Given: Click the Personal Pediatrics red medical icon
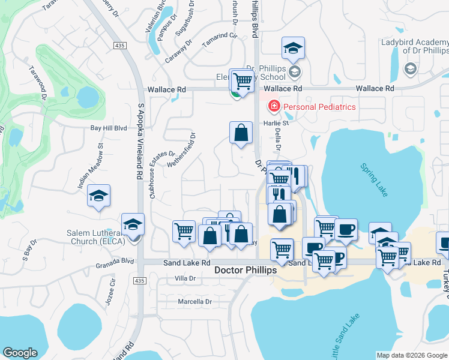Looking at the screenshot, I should click(x=274, y=107).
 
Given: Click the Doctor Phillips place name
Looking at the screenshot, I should click(x=246, y=271).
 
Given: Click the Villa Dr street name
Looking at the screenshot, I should click(x=185, y=278).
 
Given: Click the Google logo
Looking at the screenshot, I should click(x=20, y=353).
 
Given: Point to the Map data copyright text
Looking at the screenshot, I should click(x=411, y=355).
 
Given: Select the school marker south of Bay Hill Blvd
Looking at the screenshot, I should click(x=98, y=195).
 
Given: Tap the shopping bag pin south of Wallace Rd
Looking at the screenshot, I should click(x=241, y=133).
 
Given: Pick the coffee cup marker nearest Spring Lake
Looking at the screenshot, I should click(x=345, y=229).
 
